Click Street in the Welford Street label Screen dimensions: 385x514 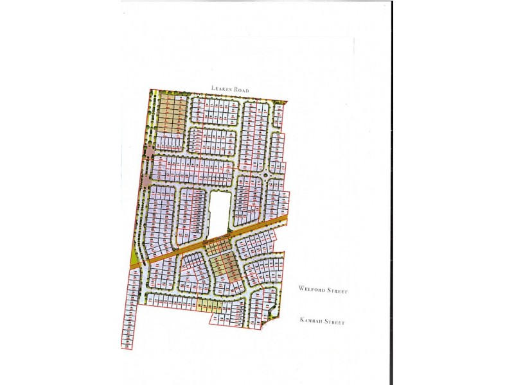click(x=337, y=291)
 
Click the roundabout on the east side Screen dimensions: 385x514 click(x=265, y=175)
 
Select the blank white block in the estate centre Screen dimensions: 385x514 click(x=218, y=212)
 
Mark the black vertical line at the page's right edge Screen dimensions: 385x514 click(x=391, y=193)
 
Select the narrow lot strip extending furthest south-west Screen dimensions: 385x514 click(x=127, y=321)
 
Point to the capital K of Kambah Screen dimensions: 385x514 click(x=301, y=321)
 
